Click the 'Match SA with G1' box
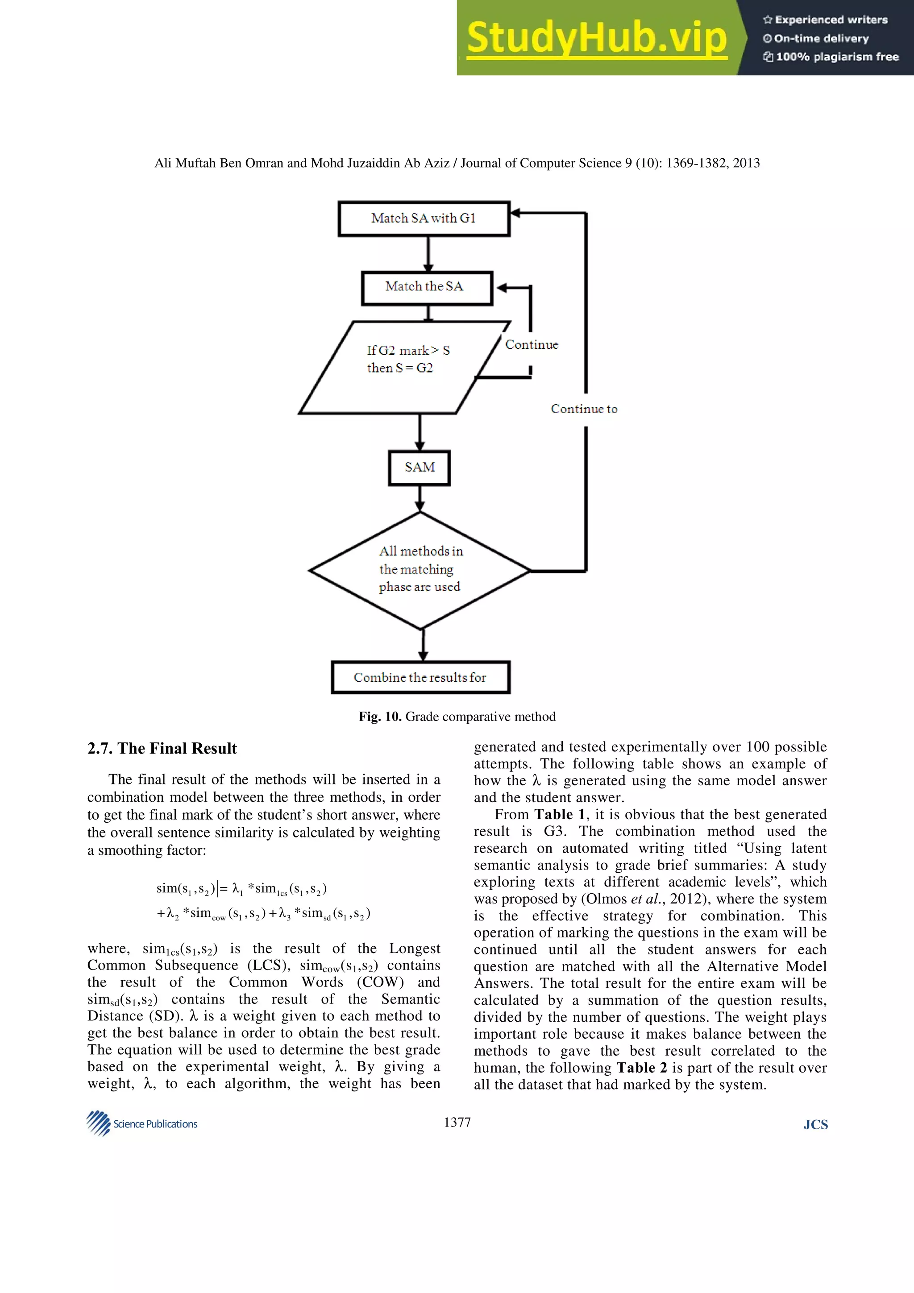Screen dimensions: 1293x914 click(424, 219)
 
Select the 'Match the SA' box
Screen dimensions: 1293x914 click(426, 288)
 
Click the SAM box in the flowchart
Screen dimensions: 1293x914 click(420, 468)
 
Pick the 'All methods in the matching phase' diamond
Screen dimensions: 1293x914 click(420, 570)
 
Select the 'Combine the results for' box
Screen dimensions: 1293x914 click(420, 677)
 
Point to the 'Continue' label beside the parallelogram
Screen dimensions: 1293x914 click(531, 344)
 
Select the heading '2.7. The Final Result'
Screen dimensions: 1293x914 click(162, 748)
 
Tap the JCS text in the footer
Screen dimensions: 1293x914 click(815, 1125)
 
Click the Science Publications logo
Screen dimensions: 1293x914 click(142, 1123)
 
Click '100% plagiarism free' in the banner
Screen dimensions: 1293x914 click(831, 57)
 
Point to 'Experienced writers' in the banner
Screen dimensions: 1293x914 click(826, 20)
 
